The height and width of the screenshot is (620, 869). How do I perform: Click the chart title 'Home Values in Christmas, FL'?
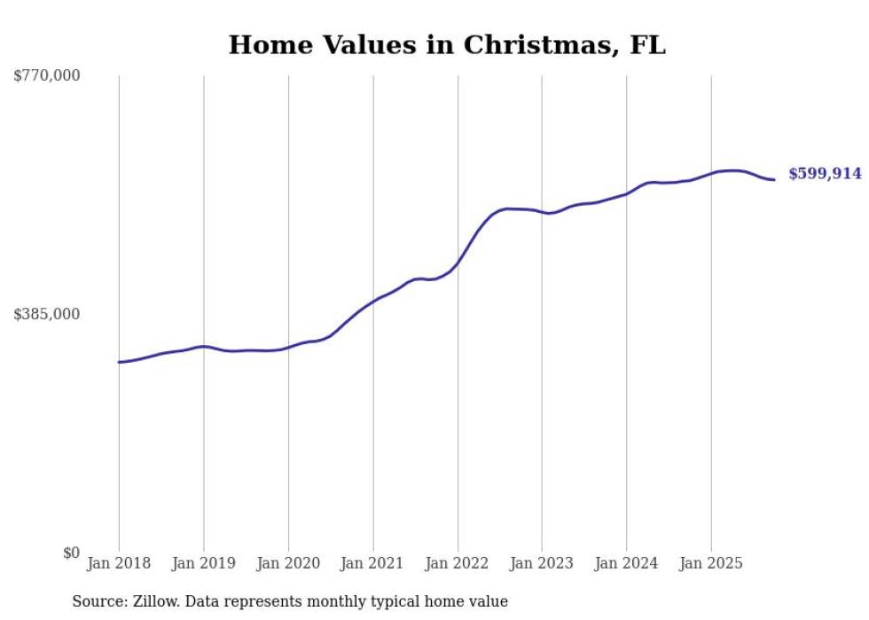point(447,45)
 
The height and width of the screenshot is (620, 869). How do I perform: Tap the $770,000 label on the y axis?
point(47,76)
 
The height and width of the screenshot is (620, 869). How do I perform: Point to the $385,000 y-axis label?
point(47,314)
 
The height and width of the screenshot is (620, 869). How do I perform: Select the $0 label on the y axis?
point(71,553)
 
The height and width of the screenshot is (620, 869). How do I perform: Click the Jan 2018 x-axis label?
point(119,563)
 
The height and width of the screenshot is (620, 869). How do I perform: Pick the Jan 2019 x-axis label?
point(203,563)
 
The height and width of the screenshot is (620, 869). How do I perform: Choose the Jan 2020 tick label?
point(288,563)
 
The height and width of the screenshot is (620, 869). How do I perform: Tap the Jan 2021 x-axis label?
point(372,563)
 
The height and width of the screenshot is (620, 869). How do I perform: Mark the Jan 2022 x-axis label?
point(458,563)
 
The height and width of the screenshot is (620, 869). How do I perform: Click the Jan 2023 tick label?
point(542,563)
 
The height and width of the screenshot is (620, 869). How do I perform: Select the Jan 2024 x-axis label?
point(626,563)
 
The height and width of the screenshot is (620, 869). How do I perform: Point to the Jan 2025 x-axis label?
point(710,563)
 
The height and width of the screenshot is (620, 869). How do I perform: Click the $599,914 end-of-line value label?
point(825,174)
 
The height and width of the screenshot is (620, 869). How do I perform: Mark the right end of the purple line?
point(775,180)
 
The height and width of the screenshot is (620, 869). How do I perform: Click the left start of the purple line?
point(119,362)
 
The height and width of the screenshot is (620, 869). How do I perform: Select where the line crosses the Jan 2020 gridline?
point(288,348)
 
